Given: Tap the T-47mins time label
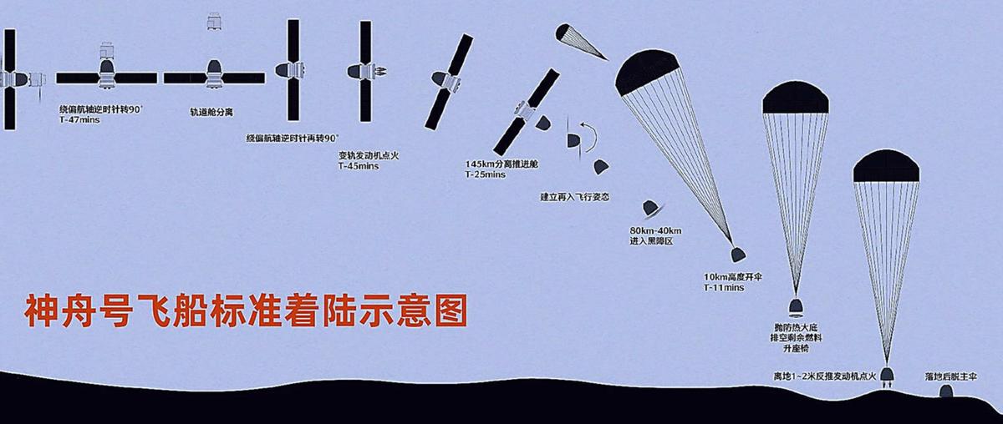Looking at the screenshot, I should coord(80,119).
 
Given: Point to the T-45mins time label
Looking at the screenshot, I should coord(358,166).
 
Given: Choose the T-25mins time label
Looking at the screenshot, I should coord(486,174).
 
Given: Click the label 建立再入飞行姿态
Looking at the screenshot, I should coord(575,198).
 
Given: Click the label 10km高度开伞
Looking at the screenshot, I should coord(736,275).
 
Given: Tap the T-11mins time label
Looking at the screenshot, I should coord(723,287).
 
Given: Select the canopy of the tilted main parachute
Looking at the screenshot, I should coord(646,69).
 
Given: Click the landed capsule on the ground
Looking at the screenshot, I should coord(949,392).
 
